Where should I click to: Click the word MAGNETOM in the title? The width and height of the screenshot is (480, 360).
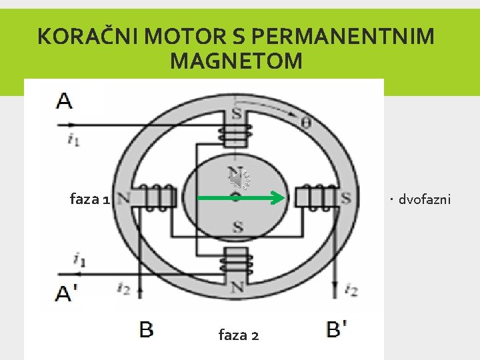click(x=236, y=61)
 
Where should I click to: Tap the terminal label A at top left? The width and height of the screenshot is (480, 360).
click(x=65, y=101)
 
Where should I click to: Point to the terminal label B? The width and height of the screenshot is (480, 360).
click(x=146, y=329)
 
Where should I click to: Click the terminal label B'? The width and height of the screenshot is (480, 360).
click(x=336, y=329)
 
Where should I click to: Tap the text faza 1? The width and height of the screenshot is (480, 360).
click(x=89, y=199)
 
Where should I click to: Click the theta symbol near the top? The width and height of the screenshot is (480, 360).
click(x=306, y=123)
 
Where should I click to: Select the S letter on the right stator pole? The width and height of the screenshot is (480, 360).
click(x=346, y=198)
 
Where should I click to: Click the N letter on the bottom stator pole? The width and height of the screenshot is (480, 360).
click(x=237, y=287)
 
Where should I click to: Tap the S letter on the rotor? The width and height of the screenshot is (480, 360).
click(x=237, y=228)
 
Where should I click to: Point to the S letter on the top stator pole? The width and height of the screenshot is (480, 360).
click(x=237, y=113)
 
